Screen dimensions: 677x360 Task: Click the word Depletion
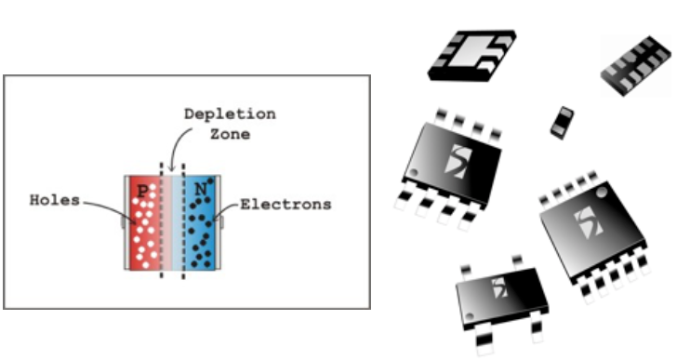(230, 114)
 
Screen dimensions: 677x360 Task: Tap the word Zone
(230, 134)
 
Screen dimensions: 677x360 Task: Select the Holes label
(55, 200)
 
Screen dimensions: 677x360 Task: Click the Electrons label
(285, 204)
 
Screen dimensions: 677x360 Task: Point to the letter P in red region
(142, 191)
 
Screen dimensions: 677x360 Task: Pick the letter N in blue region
(201, 190)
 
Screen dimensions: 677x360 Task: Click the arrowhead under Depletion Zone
(172, 167)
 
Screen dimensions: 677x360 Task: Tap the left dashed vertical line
(162, 220)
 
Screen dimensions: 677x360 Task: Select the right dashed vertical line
(183, 221)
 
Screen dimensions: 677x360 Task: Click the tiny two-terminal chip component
(562, 123)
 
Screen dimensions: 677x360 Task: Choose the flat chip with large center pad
(472, 55)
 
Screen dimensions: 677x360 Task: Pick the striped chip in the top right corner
(636, 66)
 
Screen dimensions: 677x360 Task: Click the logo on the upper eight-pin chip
(458, 162)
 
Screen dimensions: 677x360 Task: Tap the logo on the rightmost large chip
(590, 222)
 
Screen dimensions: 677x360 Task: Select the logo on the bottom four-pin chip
(500, 288)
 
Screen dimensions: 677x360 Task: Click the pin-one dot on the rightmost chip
(601, 191)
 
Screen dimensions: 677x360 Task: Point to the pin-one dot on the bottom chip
(470, 316)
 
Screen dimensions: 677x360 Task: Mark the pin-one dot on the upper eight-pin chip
(414, 173)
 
